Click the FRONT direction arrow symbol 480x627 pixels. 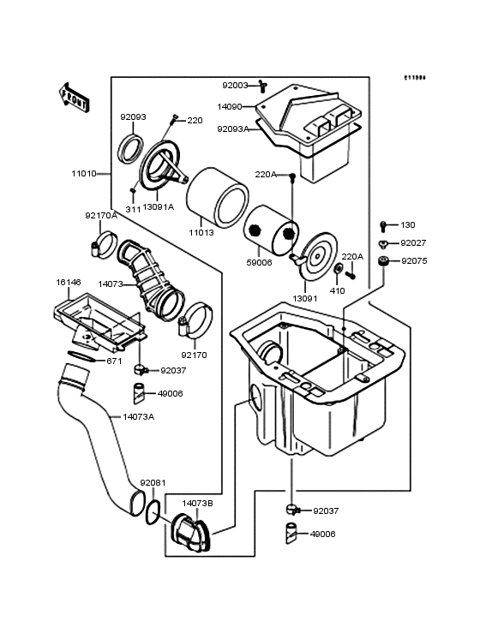(75, 95)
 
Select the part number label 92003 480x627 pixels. (235, 85)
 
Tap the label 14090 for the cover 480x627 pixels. (229, 107)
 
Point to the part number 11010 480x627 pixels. (83, 172)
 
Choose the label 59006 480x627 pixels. (259, 262)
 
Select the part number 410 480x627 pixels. (337, 290)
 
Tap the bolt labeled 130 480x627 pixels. (383, 226)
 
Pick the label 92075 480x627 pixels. (414, 260)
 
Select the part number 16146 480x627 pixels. (69, 282)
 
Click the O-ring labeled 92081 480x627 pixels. (152, 512)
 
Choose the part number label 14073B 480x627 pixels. (197, 504)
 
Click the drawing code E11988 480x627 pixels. (415, 78)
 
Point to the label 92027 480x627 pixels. (414, 243)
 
